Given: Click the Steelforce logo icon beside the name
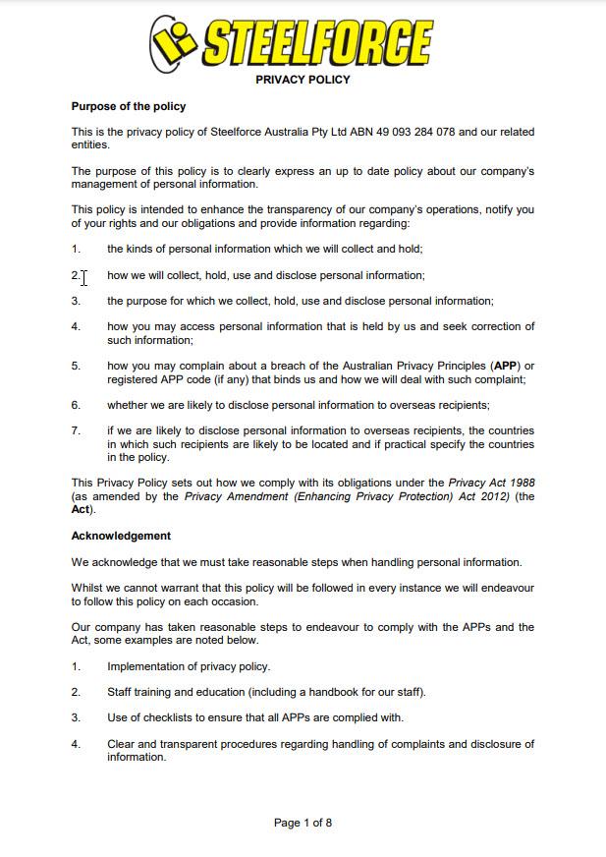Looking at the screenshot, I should click(x=174, y=41).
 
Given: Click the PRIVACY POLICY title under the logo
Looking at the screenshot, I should click(x=303, y=80).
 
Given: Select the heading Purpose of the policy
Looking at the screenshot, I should click(x=129, y=106).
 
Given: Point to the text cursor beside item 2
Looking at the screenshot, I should click(x=84, y=277).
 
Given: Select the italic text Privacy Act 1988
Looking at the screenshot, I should click(x=491, y=484).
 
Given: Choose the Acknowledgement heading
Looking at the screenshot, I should click(x=121, y=536).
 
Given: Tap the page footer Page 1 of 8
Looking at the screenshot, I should click(x=303, y=823).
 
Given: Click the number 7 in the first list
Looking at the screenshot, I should click(x=76, y=430).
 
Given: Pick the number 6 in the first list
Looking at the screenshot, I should click(x=76, y=405).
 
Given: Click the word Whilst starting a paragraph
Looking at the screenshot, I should click(x=88, y=589).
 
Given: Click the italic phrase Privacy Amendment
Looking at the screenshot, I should click(x=239, y=496).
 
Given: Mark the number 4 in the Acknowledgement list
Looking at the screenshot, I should click(x=76, y=744).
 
